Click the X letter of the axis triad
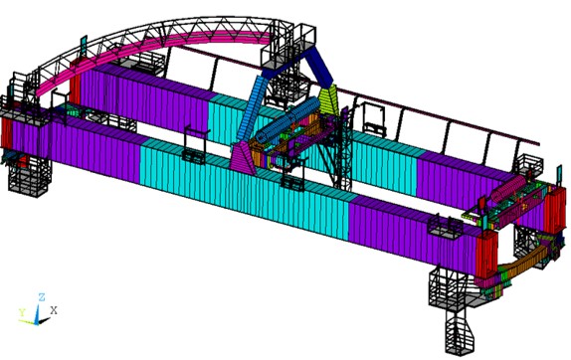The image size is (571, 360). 54,310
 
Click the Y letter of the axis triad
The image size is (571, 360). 21,311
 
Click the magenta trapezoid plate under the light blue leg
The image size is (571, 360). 243,155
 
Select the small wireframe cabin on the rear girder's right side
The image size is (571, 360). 377,121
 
